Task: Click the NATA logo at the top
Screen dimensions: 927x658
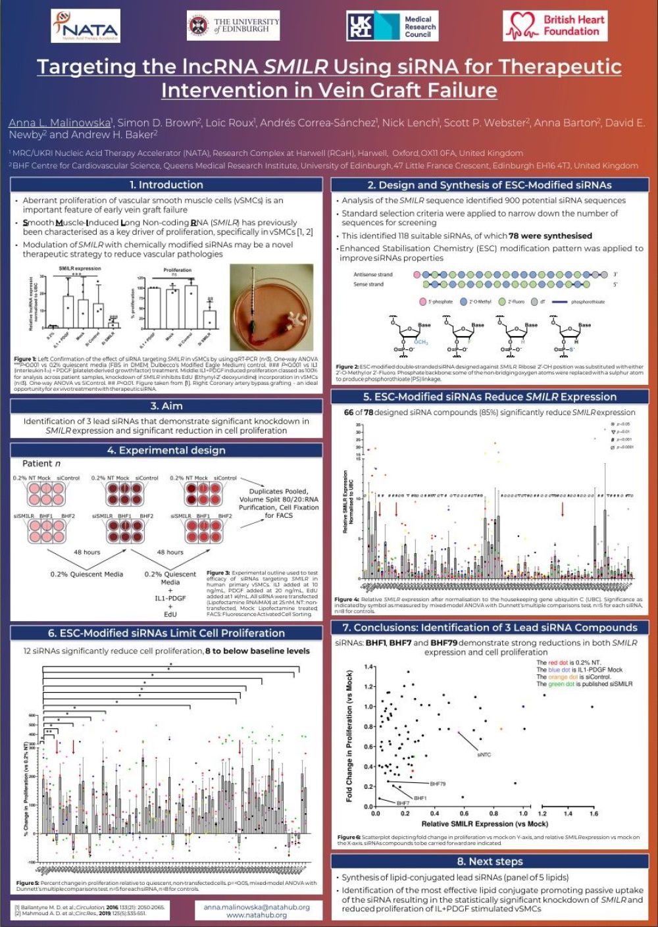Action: tap(86, 26)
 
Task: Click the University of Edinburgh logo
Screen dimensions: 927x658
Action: tap(234, 26)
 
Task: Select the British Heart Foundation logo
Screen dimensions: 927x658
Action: tap(555, 26)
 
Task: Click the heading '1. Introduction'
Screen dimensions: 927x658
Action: tap(166, 185)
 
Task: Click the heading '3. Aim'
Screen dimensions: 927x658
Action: tap(166, 406)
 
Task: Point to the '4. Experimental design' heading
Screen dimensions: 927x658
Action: tap(166, 451)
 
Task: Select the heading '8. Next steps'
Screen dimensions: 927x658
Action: tap(490, 862)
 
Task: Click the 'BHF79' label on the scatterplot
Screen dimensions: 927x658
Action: tap(438, 784)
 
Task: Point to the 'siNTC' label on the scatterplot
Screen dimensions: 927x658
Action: tap(484, 755)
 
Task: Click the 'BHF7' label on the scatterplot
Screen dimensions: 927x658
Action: tap(403, 803)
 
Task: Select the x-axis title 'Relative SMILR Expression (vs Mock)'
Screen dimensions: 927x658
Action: tap(484, 824)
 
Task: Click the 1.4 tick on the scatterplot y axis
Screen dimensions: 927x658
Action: tap(369, 667)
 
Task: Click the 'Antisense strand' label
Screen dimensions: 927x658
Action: tap(373, 274)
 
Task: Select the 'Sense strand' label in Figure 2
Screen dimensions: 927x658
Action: tap(369, 285)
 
